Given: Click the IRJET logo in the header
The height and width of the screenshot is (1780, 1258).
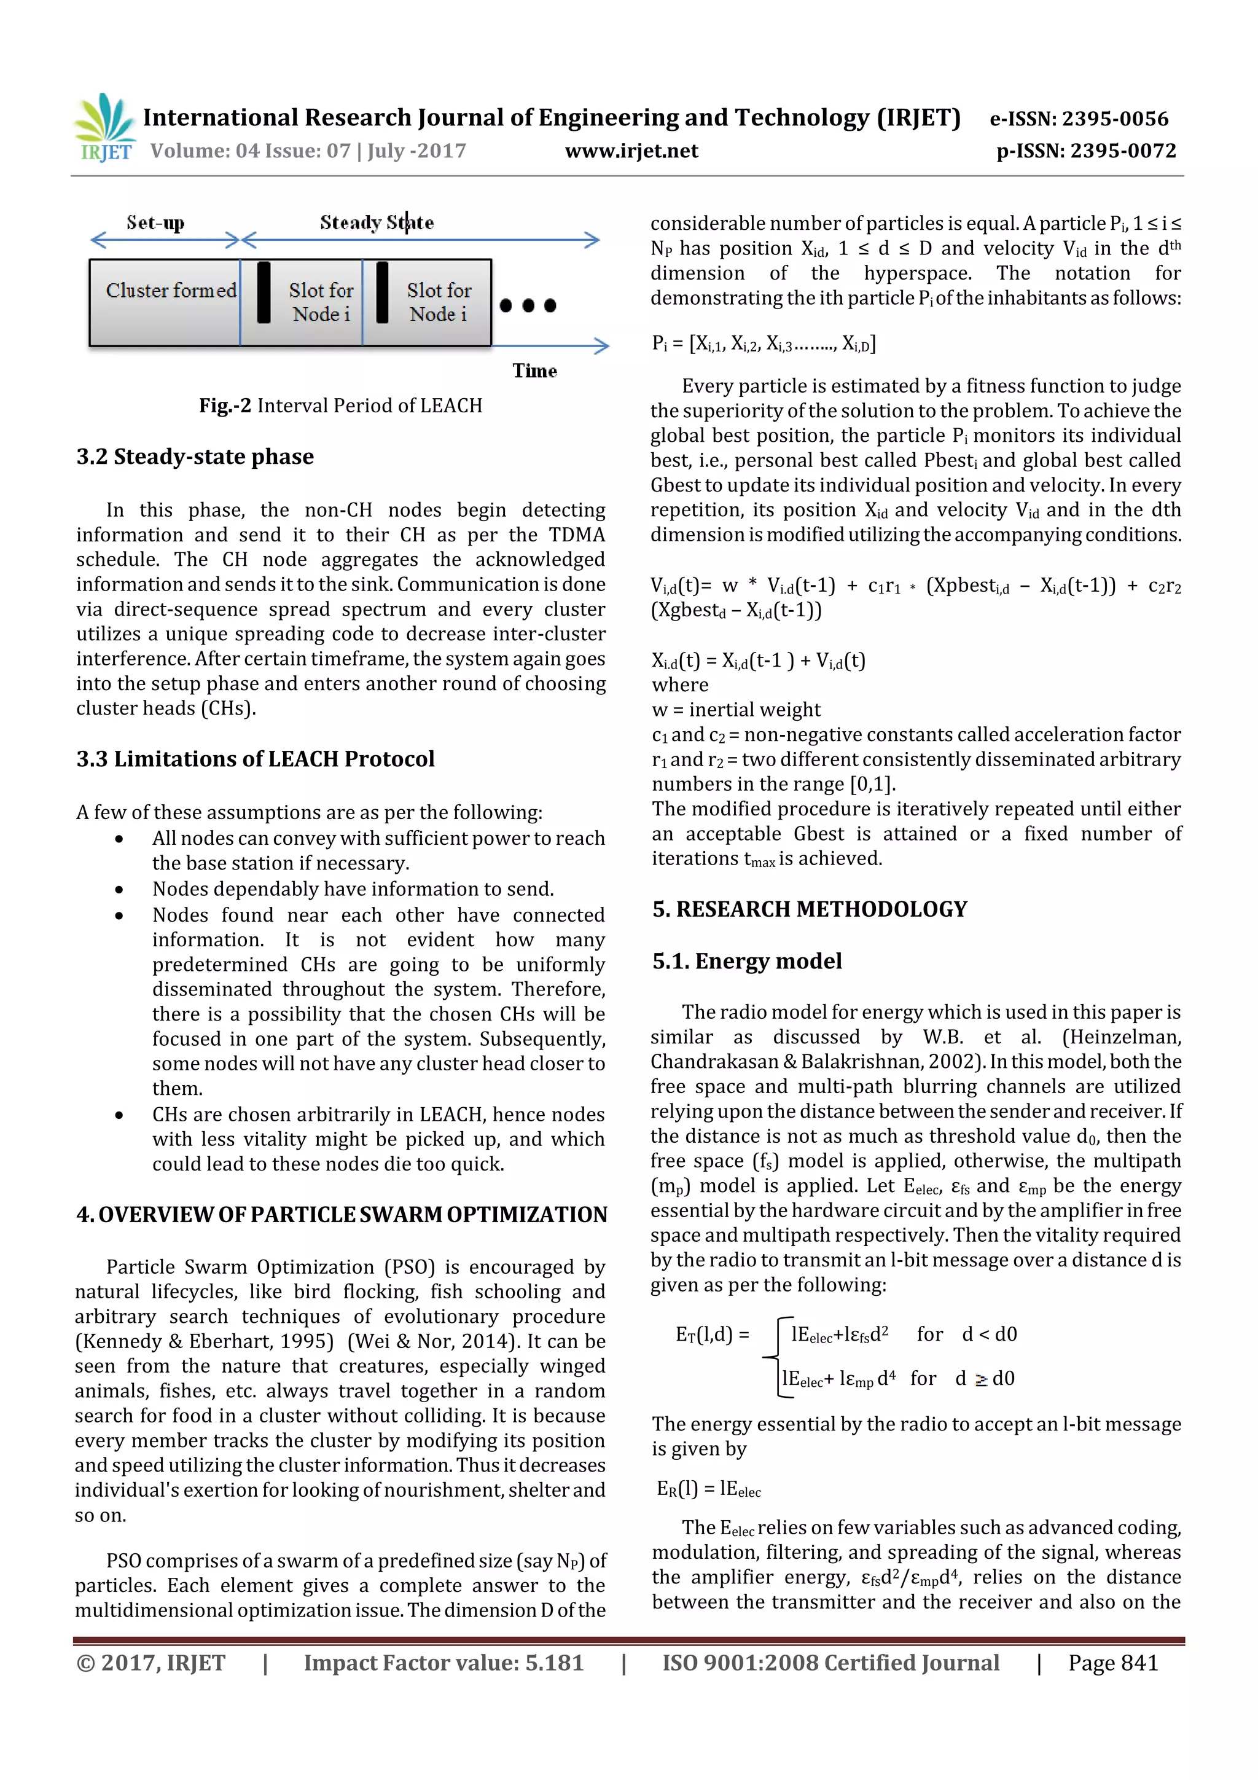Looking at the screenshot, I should coord(104,127).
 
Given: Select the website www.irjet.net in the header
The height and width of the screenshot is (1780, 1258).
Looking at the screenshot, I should coord(631,151).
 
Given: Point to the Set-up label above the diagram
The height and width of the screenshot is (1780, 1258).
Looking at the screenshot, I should coord(155,223).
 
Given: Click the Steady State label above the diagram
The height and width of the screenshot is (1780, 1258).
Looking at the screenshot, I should coord(377,223).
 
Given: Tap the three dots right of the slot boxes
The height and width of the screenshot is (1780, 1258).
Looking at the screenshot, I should coord(528,305).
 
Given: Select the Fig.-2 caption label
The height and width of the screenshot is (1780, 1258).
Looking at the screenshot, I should coord(225,406).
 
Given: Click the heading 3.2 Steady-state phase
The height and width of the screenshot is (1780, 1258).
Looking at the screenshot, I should coord(195,457).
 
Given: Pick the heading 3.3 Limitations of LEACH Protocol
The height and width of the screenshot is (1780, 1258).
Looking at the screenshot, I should coord(255,758).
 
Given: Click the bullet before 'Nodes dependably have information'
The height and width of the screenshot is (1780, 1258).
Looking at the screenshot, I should coord(119,890).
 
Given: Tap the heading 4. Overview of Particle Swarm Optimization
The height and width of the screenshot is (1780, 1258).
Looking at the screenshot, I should coord(341,1214).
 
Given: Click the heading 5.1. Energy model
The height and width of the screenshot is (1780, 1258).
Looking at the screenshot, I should coord(746,962).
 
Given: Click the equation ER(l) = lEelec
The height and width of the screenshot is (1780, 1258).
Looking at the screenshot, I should coord(708,1489).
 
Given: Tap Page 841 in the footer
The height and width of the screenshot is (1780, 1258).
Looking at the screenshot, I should coord(1112,1662).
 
